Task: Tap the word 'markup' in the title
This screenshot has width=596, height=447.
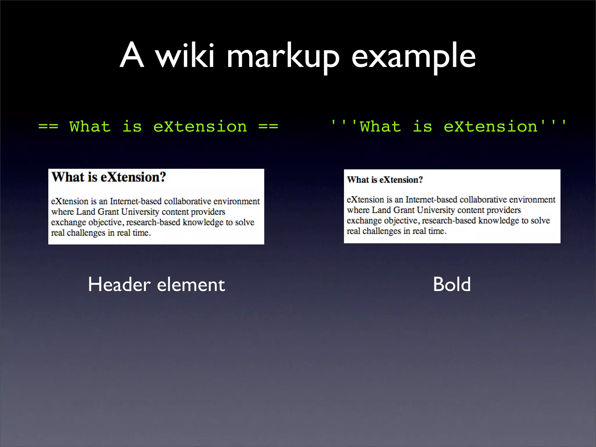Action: click(x=283, y=57)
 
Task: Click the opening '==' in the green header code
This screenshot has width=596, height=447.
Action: click(x=48, y=127)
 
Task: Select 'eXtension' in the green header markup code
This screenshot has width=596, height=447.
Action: click(x=200, y=127)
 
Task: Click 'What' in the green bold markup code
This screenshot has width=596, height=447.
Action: click(x=380, y=127)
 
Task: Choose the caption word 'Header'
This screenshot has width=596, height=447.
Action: click(x=119, y=284)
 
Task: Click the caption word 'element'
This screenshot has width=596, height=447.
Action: click(x=191, y=284)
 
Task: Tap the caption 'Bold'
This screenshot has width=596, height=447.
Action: click(x=452, y=284)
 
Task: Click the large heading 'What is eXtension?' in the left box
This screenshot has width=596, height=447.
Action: click(x=109, y=177)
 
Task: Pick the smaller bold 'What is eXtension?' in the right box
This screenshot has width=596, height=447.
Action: click(x=385, y=180)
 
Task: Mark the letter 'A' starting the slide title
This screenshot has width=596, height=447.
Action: click(x=132, y=55)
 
